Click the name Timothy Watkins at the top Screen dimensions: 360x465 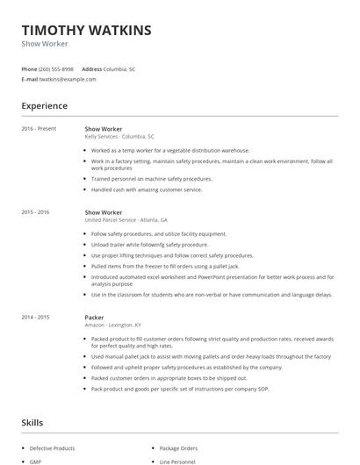coord(86,30)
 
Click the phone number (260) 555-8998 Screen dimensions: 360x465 coord(57,68)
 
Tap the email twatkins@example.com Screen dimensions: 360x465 coord(68,79)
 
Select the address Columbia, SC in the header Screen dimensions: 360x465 coord(119,68)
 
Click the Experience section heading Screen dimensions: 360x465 coord(45,106)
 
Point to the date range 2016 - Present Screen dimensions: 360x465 coord(39,129)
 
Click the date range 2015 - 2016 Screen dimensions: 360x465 coord(35,212)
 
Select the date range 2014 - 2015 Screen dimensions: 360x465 coord(35,317)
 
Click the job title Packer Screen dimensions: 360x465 coord(94,317)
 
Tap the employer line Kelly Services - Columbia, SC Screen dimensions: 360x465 coord(119,137)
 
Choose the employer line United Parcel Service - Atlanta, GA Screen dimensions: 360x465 coord(126,220)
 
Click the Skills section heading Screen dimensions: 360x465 coord(32,423)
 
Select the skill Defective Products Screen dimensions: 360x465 coord(52,447)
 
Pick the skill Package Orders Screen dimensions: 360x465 coord(178,447)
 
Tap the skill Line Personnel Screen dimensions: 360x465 coord(177,461)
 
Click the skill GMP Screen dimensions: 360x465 coord(36,461)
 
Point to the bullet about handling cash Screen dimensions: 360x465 coord(147,190)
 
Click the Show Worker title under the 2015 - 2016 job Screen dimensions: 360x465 coord(104,212)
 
